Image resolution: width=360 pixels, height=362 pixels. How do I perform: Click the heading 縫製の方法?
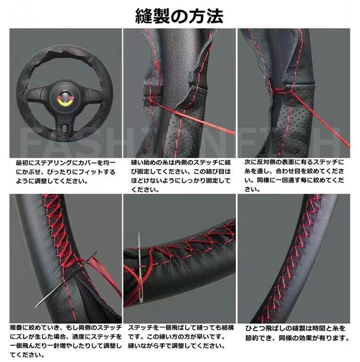click(179, 16)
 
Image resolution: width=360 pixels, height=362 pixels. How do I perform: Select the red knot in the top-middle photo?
click(151, 100)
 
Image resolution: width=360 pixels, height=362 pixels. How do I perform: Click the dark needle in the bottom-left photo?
click(66, 280)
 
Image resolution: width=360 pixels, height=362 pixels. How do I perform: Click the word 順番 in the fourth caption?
click(16, 328)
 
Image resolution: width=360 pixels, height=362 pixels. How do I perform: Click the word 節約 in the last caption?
click(252, 338)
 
